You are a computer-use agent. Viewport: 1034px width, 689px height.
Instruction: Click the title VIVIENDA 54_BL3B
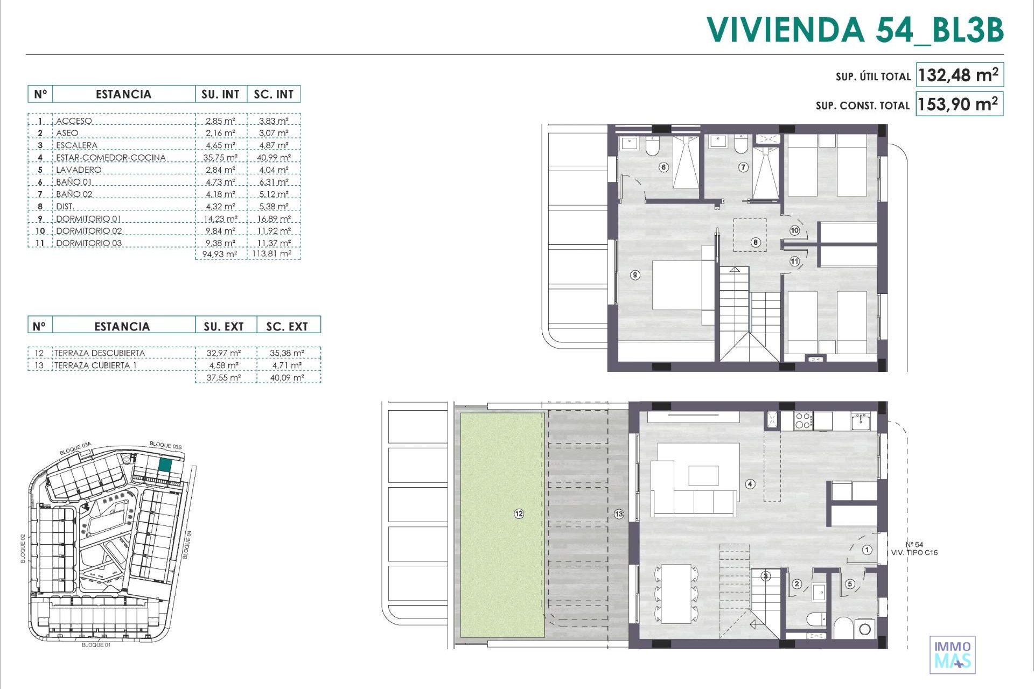pos(855,30)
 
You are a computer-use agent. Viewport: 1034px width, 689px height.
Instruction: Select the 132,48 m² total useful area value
pos(959,75)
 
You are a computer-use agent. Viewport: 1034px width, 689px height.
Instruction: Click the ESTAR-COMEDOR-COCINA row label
pos(111,158)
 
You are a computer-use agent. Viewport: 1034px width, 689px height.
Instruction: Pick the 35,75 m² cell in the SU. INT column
pos(220,158)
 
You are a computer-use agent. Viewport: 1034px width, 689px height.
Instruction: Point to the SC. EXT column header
pos(287,327)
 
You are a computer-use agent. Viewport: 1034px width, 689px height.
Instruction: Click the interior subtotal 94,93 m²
pos(220,254)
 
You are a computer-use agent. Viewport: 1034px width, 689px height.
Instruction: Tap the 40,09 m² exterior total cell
pos(287,378)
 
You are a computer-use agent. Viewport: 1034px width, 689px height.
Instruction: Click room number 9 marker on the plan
pos(635,275)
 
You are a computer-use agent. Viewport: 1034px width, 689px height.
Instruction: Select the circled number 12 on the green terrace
pos(519,514)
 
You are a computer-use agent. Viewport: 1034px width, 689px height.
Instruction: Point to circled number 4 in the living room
pos(750,484)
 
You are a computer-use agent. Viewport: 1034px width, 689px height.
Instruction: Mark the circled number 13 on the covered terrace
pos(619,514)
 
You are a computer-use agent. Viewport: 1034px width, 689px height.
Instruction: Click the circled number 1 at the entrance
pos(867,550)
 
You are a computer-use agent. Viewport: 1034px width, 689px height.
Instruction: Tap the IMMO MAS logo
pos(953,655)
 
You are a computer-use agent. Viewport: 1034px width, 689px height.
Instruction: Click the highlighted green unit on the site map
pos(165,466)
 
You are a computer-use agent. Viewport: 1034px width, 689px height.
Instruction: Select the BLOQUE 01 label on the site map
pos(96,645)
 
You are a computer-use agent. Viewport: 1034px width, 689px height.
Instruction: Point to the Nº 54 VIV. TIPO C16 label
pos(914,549)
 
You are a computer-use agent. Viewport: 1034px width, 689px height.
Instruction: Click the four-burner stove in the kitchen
pos(803,420)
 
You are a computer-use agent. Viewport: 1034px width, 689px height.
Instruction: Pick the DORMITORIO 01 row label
pos(89,219)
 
